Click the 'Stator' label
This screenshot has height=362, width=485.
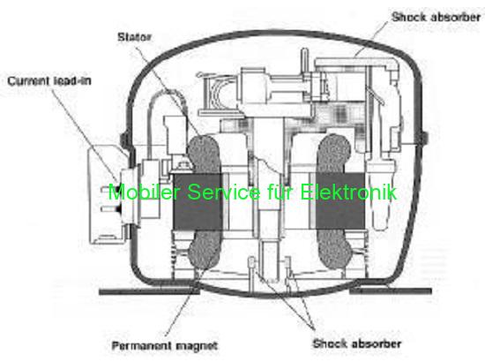(x=134, y=37)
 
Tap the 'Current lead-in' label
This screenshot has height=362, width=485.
(x=49, y=81)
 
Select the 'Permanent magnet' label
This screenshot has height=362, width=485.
(x=165, y=345)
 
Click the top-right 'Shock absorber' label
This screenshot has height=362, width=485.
(x=436, y=17)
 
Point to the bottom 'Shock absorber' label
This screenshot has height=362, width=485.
(x=357, y=343)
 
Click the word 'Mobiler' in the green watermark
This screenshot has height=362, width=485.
(x=144, y=192)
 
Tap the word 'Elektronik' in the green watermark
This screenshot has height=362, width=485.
(x=348, y=192)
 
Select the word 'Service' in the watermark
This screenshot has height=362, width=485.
(x=224, y=192)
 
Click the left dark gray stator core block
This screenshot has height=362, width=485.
(x=198, y=201)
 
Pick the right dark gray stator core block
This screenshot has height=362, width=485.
(x=339, y=201)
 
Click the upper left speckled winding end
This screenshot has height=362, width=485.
(x=204, y=154)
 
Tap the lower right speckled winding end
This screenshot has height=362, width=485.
(x=335, y=249)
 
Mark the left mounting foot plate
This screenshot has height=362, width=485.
(x=149, y=291)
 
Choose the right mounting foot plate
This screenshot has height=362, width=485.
(x=391, y=290)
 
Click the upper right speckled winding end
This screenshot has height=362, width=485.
(x=335, y=154)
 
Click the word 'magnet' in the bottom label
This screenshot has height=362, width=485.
(x=195, y=345)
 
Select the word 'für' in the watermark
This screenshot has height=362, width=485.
(x=280, y=192)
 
